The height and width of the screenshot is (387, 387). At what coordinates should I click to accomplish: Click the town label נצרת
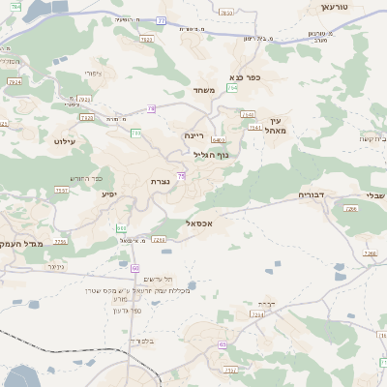[162, 180]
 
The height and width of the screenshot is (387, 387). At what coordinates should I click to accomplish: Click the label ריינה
[194, 136]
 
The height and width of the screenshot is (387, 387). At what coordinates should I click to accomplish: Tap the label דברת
[274, 304]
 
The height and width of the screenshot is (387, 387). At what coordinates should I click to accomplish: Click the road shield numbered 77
[162, 19]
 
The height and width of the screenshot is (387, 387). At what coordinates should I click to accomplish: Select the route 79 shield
[152, 108]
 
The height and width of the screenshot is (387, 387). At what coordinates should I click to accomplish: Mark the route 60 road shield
[135, 267]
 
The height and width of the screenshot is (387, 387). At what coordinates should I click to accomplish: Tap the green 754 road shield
[232, 88]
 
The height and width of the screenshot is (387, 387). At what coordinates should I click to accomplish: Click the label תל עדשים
[155, 279]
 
